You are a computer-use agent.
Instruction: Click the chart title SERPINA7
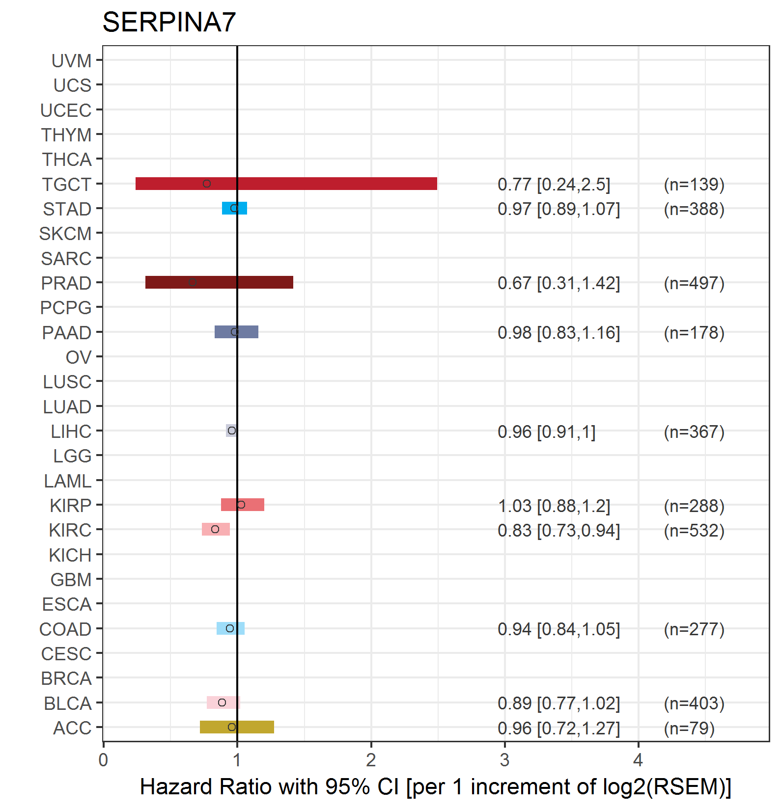[x=169, y=23]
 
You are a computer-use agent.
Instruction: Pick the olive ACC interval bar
[x=255, y=727]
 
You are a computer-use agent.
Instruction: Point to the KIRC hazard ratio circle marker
[x=215, y=529]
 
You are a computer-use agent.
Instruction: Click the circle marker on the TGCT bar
[x=207, y=184]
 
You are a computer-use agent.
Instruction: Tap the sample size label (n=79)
[x=689, y=728]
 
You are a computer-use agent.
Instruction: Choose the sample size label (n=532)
[x=694, y=530]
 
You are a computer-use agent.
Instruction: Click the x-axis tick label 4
[x=638, y=760]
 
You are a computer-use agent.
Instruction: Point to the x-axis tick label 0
[x=103, y=760]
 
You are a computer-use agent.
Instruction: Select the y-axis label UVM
[x=72, y=61]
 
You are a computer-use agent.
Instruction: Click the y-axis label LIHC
[x=71, y=432]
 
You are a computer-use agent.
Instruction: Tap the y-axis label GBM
[x=71, y=580]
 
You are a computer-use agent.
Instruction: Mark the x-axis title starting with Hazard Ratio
[x=435, y=787]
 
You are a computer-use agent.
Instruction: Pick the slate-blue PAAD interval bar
[x=248, y=332]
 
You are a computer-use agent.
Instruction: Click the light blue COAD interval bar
[x=238, y=628]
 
